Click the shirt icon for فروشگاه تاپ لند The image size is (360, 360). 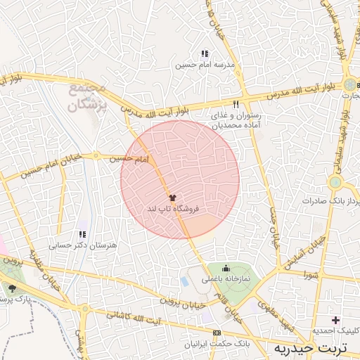point(173,198)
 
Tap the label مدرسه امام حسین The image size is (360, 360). point(204,65)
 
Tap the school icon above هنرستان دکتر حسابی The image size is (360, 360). point(82,234)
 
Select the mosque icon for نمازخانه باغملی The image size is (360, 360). point(226,267)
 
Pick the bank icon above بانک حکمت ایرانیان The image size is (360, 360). point(216,333)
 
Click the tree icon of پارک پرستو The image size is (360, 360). point(12,288)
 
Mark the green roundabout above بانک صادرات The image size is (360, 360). point(335,182)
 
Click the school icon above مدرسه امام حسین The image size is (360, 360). point(204,53)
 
